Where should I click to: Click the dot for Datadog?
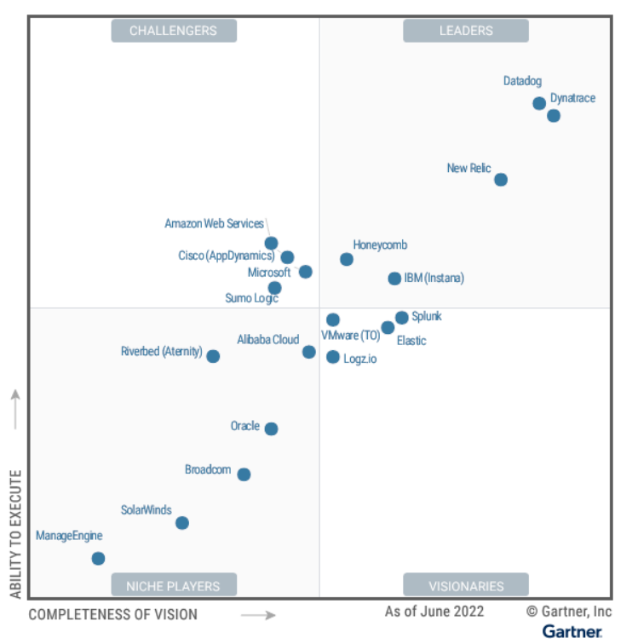pyautogui.click(x=539, y=103)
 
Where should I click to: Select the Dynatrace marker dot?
pyautogui.click(x=554, y=116)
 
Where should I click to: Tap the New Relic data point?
pyautogui.click(x=501, y=180)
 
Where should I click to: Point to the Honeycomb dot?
pyautogui.click(x=347, y=259)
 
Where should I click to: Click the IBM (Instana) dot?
pyautogui.click(x=394, y=279)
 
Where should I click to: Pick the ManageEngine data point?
pyautogui.click(x=98, y=559)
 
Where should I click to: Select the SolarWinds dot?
pyautogui.click(x=181, y=523)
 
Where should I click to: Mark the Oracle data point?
pyautogui.click(x=271, y=428)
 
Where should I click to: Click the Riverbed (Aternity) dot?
pyautogui.click(x=213, y=356)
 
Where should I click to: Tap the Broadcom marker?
pyautogui.click(x=244, y=474)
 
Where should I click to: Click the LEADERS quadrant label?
pyautogui.click(x=466, y=31)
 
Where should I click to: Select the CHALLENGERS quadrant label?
pyautogui.click(x=173, y=31)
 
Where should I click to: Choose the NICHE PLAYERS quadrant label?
pyautogui.click(x=173, y=585)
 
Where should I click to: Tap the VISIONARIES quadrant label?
pyautogui.click(x=466, y=585)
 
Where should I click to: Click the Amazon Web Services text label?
pyautogui.click(x=214, y=224)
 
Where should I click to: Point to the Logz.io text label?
pyautogui.click(x=359, y=359)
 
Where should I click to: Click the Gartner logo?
pyautogui.click(x=572, y=631)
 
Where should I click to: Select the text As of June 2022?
pyautogui.click(x=434, y=612)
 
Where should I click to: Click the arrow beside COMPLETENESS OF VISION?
pyautogui.click(x=258, y=615)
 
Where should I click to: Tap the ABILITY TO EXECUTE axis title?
pyautogui.click(x=15, y=532)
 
